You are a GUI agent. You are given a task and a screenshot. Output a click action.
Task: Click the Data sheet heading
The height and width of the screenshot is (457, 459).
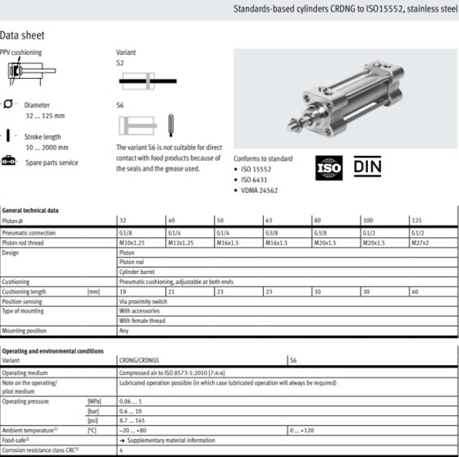click(x=22, y=35)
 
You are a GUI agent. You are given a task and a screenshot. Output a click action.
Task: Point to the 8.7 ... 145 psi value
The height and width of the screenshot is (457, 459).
click(x=134, y=419)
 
